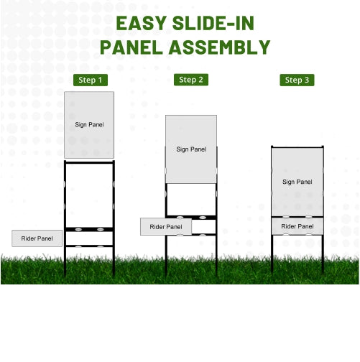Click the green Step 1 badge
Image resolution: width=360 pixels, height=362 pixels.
91,80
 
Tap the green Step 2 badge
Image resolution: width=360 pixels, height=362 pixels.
191,80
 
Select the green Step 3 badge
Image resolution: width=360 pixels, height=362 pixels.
297,80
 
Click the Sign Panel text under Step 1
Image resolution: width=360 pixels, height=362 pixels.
90,124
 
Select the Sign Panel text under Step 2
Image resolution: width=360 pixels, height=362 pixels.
191,149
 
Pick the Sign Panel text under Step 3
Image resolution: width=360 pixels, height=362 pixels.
297,182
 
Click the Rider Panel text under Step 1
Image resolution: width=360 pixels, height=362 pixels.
37,238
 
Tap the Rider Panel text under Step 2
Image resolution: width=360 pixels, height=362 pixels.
166,227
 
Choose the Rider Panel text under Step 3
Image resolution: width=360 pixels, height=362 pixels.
297,226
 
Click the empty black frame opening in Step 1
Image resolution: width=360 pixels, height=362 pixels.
90,194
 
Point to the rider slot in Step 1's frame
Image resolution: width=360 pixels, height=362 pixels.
90,238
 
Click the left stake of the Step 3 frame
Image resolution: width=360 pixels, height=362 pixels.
272,255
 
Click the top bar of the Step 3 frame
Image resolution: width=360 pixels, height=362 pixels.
297,147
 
